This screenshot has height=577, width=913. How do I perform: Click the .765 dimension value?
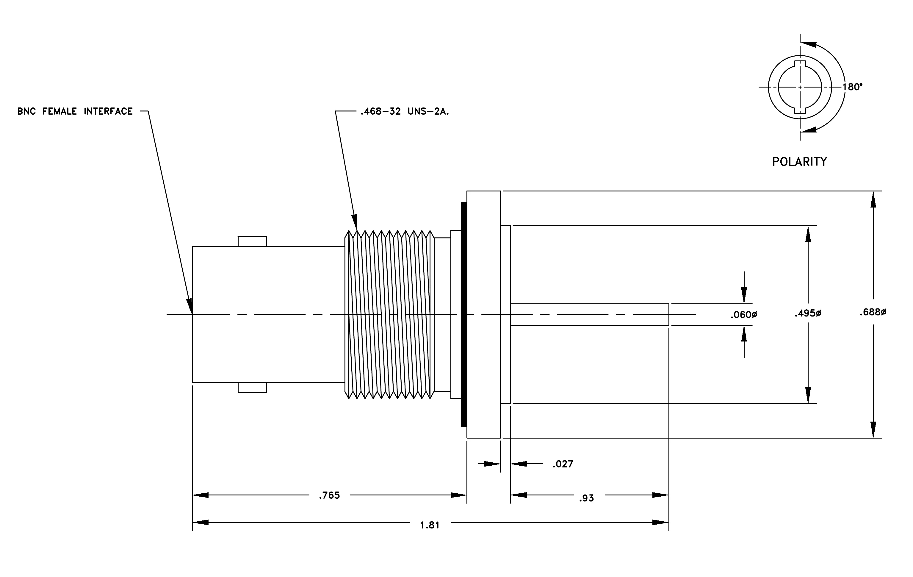click(x=329, y=495)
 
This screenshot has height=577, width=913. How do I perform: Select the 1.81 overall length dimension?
click(x=430, y=525)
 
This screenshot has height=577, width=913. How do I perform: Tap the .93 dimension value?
click(x=586, y=498)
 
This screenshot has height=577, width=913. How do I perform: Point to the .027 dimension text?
click(x=563, y=464)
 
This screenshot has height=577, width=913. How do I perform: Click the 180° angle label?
click(x=852, y=87)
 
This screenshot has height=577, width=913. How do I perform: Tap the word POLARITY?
click(x=800, y=162)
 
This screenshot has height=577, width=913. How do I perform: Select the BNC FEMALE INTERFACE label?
click(x=75, y=111)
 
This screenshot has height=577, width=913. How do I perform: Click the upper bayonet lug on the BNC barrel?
click(x=252, y=241)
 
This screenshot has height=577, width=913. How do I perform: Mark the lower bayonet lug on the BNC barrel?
click(x=252, y=388)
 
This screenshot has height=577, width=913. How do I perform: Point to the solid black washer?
click(x=464, y=314)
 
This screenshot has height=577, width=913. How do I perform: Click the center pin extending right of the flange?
click(x=589, y=314)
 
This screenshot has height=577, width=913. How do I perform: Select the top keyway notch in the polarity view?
click(x=800, y=63)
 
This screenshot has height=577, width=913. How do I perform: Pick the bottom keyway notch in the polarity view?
click(x=800, y=110)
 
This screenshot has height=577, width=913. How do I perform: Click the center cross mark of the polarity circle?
click(x=800, y=87)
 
